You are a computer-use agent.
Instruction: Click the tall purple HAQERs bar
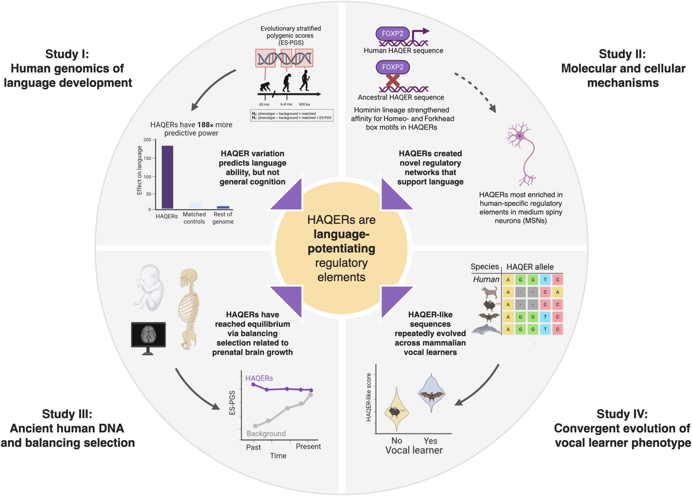pos(167,177)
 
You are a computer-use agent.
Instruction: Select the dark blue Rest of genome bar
pos(223,207)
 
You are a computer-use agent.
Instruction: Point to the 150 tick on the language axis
pos(148,158)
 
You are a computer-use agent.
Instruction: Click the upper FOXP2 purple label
pos(392,34)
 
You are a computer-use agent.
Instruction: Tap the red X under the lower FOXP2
pos(393,80)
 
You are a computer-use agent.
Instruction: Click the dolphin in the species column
pos(486,330)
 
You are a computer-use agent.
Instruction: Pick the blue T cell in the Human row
pos(545,280)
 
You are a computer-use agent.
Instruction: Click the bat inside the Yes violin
pos(431,396)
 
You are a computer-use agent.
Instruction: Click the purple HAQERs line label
pos(259,378)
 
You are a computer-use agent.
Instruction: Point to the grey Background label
pos(266,434)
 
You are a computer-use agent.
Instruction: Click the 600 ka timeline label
pos(304,104)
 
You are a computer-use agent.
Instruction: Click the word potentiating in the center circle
pos(341,249)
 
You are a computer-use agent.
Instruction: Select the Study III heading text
pos(67,428)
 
